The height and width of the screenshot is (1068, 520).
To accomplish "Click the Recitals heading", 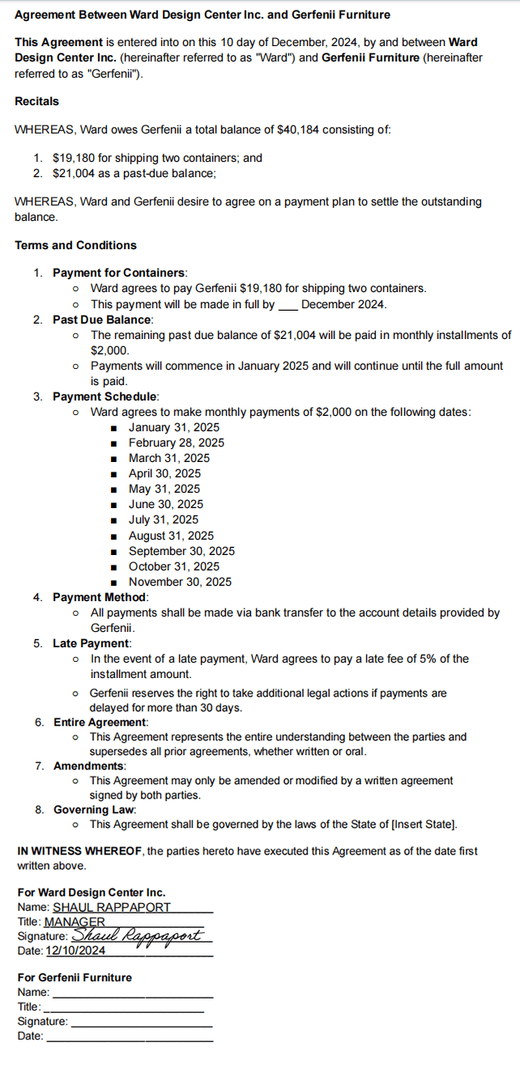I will coord(36,102).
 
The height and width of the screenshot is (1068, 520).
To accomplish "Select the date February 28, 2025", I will coord(177,443).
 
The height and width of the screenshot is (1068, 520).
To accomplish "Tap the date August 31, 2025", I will coord(171,536).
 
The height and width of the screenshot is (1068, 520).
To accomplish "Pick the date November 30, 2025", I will coord(180,582).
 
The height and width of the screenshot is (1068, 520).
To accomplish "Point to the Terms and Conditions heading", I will coord(75,245).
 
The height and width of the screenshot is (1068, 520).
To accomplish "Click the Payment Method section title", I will coord(100,597).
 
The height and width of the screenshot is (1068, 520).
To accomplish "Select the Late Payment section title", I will coord(92,643).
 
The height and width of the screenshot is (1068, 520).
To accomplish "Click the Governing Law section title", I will coord(95,809).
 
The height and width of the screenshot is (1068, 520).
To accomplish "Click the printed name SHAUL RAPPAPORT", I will coord(112,907).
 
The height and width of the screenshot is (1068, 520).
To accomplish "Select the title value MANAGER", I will coord(75,922).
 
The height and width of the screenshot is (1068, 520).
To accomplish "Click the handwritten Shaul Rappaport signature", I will coord(142,935).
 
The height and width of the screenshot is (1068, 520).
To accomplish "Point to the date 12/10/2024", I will coord(75,951).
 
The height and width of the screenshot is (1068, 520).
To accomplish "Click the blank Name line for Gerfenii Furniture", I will coord(132,993).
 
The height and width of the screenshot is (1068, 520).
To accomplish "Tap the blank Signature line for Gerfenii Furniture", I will coord(142,1022).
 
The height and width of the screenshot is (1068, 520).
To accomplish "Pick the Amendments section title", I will coord(89,765).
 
